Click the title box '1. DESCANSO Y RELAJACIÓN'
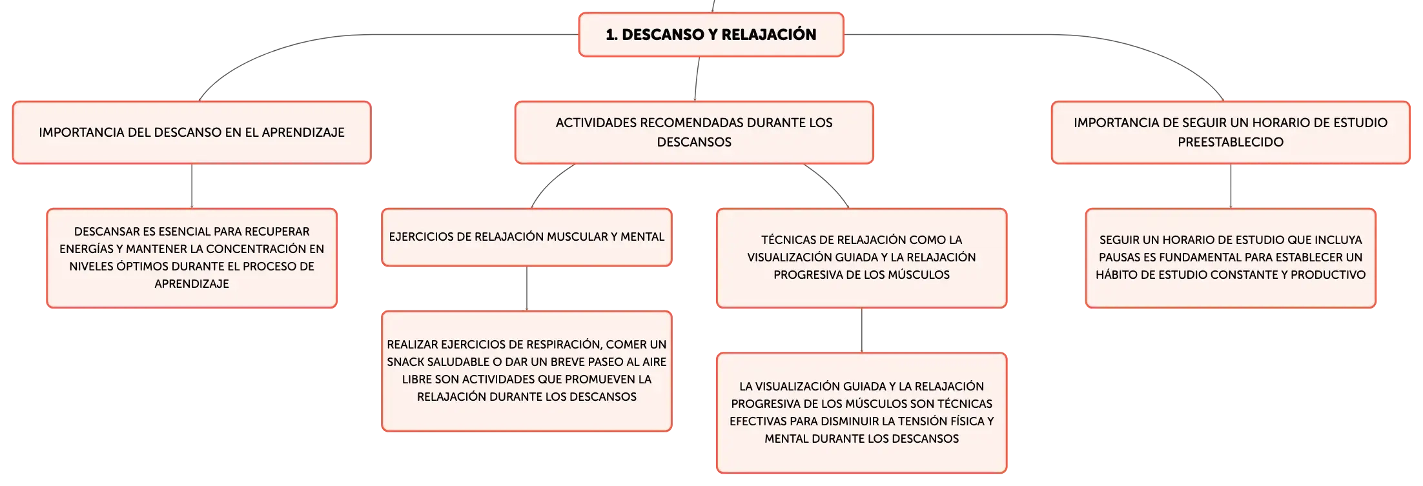click(711, 35)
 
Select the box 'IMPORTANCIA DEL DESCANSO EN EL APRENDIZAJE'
click(192, 132)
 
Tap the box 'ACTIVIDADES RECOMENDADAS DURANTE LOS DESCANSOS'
click(694, 132)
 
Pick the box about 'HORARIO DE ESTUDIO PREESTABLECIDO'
click(1231, 132)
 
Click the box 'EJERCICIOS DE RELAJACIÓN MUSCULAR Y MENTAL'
click(527, 237)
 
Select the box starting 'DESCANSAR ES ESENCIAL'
click(192, 258)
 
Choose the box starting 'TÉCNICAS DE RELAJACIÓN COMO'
click(861, 258)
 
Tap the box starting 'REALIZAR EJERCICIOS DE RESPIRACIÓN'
click(527, 371)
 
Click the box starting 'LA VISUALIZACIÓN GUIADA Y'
click(861, 412)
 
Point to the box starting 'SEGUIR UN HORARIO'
click(1231, 258)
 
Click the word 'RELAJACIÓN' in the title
click(769, 35)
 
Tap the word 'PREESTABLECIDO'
click(1231, 142)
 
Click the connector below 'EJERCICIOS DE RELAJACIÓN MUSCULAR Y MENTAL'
click(527, 289)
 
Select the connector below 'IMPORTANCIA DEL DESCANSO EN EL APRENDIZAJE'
click(192, 186)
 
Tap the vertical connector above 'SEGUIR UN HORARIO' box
click(1231, 186)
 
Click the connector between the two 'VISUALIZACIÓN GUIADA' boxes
click(862, 330)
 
